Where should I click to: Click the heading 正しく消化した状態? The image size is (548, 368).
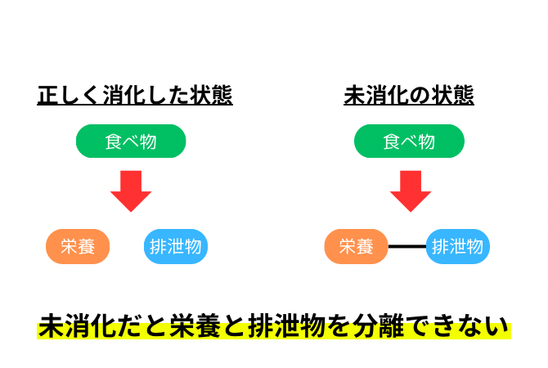pyautogui.click(x=135, y=95)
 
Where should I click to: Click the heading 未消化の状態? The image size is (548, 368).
pyautogui.click(x=409, y=95)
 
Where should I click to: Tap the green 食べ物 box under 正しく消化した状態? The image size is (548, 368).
pyautogui.click(x=131, y=141)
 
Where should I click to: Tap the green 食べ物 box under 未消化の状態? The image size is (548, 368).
pyautogui.click(x=409, y=141)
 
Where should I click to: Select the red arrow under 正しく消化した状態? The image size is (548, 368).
pyautogui.click(x=131, y=191)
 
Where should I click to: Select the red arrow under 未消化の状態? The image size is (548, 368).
pyautogui.click(x=411, y=191)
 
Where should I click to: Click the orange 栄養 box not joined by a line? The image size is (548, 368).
pyautogui.click(x=78, y=246)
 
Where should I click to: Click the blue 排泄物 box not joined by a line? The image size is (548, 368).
pyautogui.click(x=176, y=246)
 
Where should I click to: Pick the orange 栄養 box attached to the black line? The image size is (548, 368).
pyautogui.click(x=356, y=246)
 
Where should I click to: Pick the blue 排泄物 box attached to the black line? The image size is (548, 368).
pyautogui.click(x=458, y=246)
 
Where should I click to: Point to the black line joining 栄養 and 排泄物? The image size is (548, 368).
pyautogui.click(x=407, y=246)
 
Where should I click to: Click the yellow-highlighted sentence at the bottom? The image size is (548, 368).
pyautogui.click(x=274, y=326)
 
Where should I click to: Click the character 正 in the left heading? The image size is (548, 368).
pyautogui.click(x=48, y=95)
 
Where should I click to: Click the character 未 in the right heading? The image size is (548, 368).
pyautogui.click(x=354, y=95)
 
